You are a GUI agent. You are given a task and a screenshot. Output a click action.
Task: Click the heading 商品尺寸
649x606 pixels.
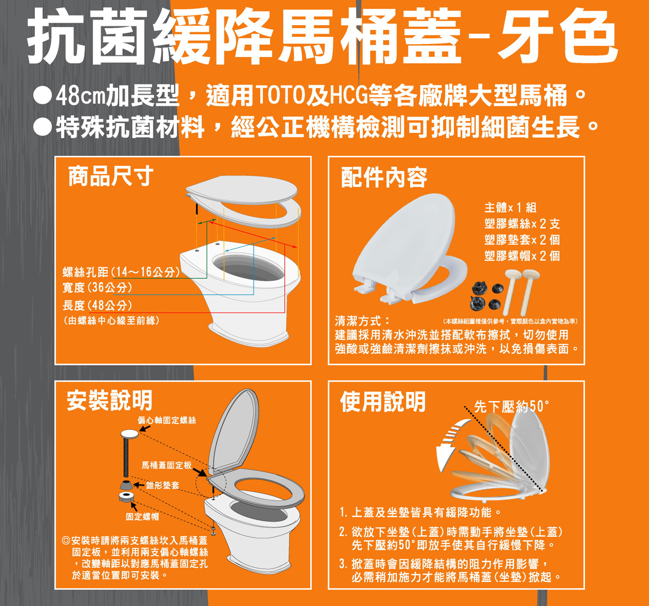(111, 176)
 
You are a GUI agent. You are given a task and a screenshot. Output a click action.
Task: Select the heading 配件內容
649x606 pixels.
(384, 178)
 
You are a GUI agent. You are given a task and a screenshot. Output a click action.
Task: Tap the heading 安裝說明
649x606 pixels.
(110, 400)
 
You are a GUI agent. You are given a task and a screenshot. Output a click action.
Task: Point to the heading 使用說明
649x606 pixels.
(383, 401)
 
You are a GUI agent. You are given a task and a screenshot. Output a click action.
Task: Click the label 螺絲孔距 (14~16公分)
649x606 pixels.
(121, 271)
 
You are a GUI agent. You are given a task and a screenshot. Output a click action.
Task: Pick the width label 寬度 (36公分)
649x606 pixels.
(98, 287)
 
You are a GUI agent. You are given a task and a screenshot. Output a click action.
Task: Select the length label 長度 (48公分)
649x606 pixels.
(98, 305)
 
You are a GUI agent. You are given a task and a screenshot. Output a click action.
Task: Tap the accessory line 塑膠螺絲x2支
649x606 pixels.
(522, 223)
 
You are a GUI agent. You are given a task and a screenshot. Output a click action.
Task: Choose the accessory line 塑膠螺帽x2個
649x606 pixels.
(522, 256)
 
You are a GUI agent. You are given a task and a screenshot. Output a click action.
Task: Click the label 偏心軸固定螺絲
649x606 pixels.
(167, 420)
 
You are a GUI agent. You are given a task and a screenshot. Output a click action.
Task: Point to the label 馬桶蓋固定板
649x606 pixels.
(166, 465)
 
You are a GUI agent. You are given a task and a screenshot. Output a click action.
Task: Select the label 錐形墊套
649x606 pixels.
(162, 485)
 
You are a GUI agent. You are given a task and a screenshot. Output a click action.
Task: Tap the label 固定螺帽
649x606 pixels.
(142, 517)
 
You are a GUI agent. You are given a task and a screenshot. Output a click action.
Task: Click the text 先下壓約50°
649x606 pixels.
(512, 406)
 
